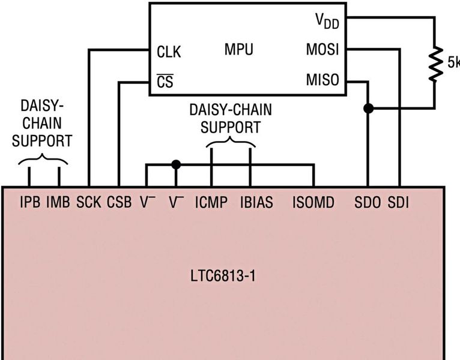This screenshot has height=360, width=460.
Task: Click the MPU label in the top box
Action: (x=239, y=50)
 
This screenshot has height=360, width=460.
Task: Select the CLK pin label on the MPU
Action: (x=169, y=52)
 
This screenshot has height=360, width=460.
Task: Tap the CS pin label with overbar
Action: (x=165, y=81)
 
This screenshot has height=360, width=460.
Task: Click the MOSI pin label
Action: (x=322, y=50)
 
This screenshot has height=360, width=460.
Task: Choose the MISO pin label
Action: (x=322, y=80)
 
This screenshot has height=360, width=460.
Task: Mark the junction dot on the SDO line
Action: (x=368, y=109)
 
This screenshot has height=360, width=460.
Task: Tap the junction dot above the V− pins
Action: (x=176, y=164)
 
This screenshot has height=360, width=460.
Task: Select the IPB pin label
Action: (x=30, y=203)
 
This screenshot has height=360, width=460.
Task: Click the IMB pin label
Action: (x=59, y=203)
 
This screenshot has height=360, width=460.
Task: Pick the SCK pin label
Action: (x=89, y=203)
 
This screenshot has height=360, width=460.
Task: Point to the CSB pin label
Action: (x=119, y=203)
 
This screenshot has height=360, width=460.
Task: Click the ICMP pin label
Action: (x=211, y=203)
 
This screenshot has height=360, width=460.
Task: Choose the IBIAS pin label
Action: (x=256, y=203)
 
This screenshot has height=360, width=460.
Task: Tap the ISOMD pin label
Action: (x=313, y=203)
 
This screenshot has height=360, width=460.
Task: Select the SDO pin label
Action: (x=368, y=203)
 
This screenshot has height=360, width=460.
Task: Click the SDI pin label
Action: (x=398, y=203)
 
